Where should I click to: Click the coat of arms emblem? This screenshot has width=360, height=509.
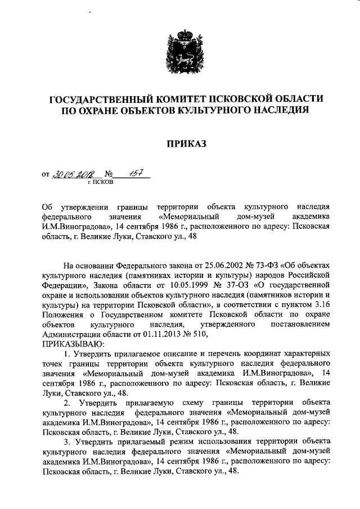click(179, 54)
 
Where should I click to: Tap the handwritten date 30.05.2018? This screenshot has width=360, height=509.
click(74, 175)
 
